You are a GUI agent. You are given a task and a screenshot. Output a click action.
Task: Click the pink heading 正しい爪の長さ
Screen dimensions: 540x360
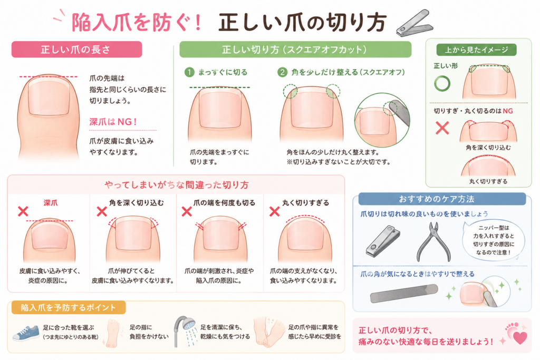click(x=76, y=50)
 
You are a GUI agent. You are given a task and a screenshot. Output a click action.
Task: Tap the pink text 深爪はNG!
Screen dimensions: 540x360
click(x=113, y=121)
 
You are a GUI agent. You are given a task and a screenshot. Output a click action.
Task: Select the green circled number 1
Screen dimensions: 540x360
click(x=189, y=72)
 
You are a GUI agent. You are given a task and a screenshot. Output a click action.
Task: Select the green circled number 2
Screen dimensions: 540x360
click(x=283, y=72)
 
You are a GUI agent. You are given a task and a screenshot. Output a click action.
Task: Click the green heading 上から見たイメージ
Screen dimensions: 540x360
click(x=476, y=50)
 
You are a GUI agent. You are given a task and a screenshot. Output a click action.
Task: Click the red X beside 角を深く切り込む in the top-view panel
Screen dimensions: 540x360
click(x=442, y=128)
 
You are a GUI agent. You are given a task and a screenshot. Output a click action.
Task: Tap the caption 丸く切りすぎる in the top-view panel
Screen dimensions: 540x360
click(x=488, y=181)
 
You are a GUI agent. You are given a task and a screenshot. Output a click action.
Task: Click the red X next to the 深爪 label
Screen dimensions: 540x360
click(x=23, y=211)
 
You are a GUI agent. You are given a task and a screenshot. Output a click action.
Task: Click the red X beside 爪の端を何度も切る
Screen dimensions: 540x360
click(x=187, y=211)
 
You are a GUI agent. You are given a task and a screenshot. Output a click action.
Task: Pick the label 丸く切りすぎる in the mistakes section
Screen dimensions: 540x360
click(x=305, y=203)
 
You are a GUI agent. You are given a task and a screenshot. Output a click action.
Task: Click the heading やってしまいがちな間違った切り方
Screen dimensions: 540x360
click(x=176, y=185)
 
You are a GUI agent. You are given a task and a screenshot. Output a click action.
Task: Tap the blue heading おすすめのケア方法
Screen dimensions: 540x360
click(x=436, y=199)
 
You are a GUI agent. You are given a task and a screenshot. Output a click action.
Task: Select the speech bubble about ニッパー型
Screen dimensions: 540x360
click(x=493, y=240)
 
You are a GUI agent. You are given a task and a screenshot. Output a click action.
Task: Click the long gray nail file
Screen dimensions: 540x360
click(x=404, y=294)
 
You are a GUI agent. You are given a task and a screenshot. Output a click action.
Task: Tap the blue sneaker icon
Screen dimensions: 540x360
click(x=26, y=333)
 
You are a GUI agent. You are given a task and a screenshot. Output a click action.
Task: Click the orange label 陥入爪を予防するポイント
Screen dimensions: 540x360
click(x=69, y=307)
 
